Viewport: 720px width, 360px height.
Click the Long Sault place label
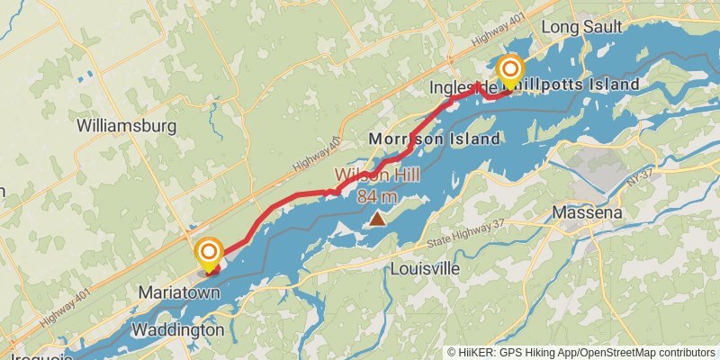click(582, 28)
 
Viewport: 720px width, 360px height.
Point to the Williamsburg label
click(127, 126)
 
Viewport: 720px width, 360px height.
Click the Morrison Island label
click(435, 139)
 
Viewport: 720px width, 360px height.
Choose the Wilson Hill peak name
click(379, 176)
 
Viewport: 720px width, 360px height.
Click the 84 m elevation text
click(378, 195)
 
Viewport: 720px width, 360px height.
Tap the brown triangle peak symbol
click(377, 218)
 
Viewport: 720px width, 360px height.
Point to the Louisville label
click(425, 269)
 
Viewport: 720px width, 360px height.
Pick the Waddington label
click(177, 330)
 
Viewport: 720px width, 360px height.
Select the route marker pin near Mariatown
click(210, 253)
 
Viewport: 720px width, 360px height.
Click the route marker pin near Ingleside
click(510, 70)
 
